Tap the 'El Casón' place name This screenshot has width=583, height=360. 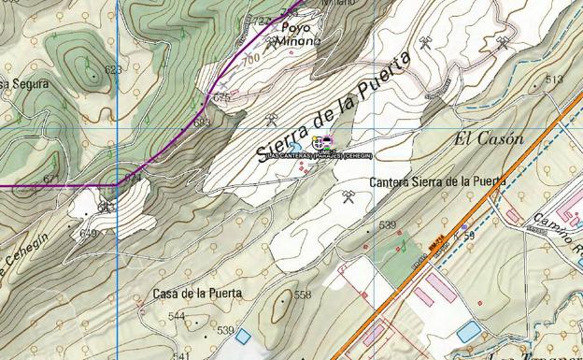[x=489, y=139]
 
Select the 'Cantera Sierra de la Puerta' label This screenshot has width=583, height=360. [x=438, y=181]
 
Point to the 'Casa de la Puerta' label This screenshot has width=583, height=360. [x=198, y=293]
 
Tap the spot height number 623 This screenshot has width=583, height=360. [x=114, y=70]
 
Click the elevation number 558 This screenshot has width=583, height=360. [x=303, y=295]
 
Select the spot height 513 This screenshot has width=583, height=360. [x=554, y=79]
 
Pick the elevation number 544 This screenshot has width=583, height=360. [x=177, y=316]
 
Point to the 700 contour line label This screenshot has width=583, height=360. [x=249, y=59]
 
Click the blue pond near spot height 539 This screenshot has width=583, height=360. [x=244, y=336]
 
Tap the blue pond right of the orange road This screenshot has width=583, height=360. [x=468, y=331]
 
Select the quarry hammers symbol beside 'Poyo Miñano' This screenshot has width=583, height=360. [x=272, y=41]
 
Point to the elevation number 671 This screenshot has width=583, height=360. [x=51, y=179]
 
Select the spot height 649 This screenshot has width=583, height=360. [x=89, y=233]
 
